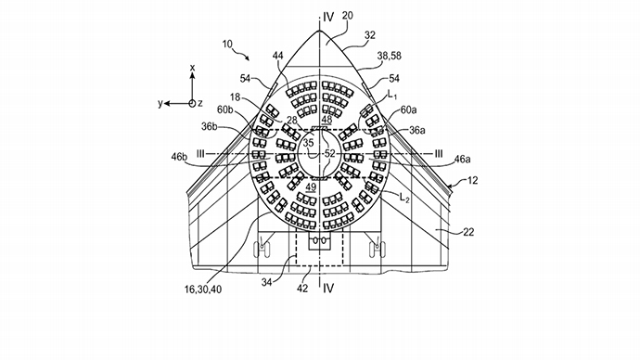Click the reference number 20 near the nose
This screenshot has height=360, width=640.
[347, 16]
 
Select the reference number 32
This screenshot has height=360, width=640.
[369, 35]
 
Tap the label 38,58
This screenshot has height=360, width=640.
[389, 56]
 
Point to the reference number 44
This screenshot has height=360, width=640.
[277, 56]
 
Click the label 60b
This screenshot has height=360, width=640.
[224, 109]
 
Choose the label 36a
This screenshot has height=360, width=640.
[417, 130]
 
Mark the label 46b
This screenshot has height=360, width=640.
[180, 157]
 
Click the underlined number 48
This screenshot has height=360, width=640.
[326, 119]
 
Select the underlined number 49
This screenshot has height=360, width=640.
[311, 187]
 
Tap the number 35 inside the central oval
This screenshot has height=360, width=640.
[309, 143]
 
